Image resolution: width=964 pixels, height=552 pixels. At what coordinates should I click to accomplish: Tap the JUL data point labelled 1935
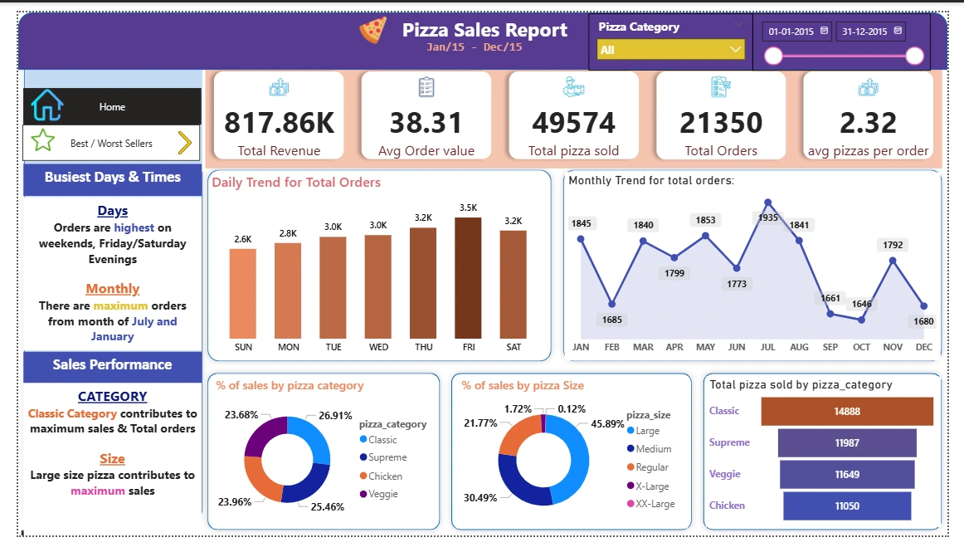pos(768,203)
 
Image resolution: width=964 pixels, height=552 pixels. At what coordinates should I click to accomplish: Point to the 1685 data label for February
pos(612,320)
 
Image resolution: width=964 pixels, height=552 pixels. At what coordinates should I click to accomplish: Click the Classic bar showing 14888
pos(847,411)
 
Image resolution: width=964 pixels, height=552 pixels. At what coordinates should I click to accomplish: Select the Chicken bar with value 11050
pos(846,506)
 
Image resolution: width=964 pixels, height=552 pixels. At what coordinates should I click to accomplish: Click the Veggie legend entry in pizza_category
pos(382,494)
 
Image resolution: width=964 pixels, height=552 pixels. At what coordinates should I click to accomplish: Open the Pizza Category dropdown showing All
pos(671,50)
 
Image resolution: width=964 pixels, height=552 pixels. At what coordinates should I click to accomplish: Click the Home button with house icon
pos(112,107)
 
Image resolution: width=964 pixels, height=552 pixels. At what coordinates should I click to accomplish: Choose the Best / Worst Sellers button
pos(112,144)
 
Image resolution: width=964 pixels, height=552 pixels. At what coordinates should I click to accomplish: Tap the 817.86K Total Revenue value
pos(279,123)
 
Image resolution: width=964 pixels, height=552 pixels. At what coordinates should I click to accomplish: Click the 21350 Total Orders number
pos(721,123)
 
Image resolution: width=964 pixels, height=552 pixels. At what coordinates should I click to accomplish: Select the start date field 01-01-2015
pos(797,32)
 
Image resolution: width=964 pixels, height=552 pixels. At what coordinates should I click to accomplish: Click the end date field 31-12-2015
pos(870,32)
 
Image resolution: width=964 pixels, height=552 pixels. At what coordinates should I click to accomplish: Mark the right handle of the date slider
pos(915,56)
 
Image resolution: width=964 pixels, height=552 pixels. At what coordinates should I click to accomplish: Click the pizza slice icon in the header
pos(373,32)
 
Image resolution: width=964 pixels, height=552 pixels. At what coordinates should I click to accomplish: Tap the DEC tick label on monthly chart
pos(923,347)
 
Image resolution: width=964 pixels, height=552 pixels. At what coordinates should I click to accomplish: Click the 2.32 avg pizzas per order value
pos(868,123)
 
